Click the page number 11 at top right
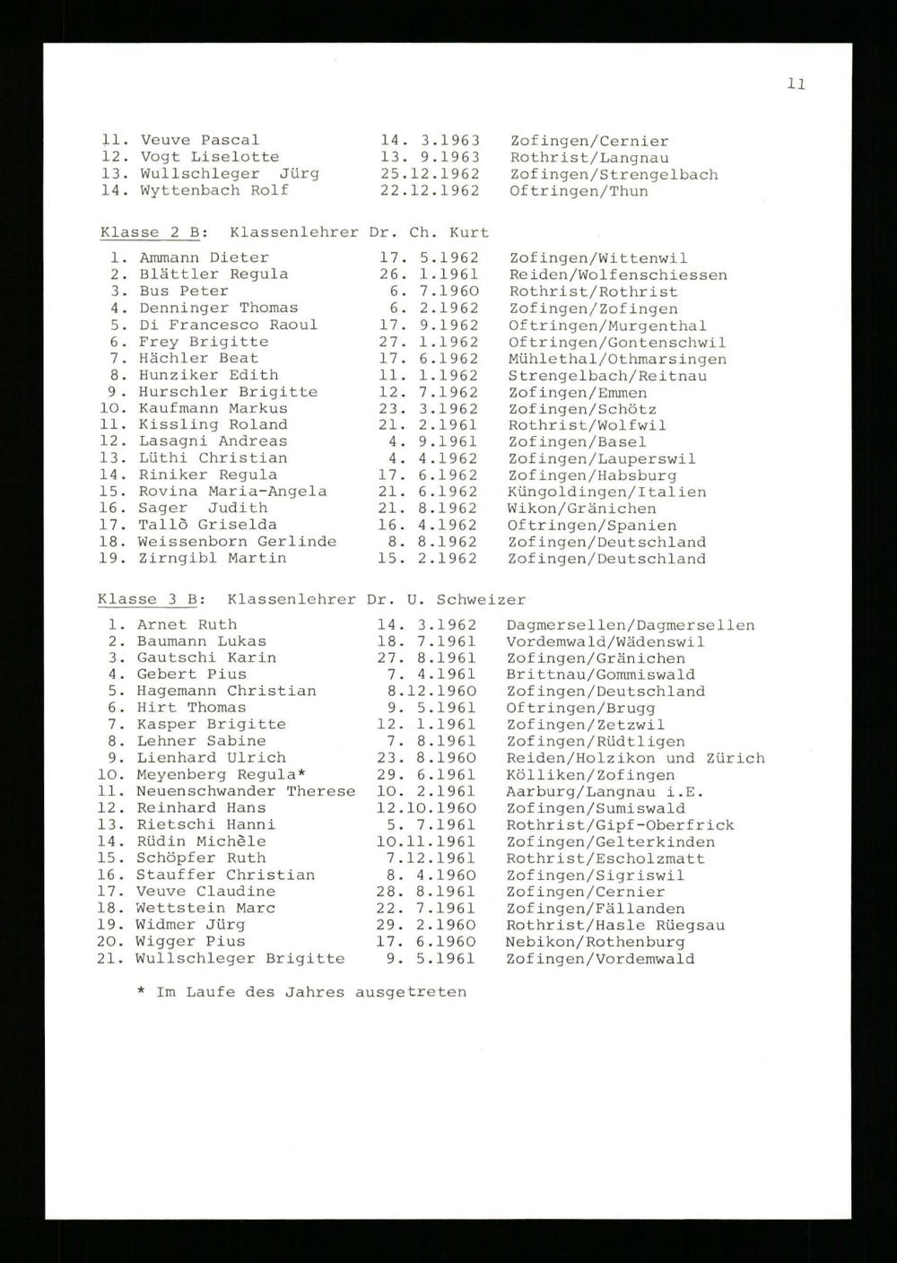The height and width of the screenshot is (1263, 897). click(797, 84)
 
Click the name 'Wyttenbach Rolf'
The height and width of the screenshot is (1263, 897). click(213, 190)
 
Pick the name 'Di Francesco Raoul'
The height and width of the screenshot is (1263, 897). click(228, 325)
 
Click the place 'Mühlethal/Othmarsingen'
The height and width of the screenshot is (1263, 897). click(617, 359)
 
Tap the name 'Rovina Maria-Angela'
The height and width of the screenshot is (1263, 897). click(232, 492)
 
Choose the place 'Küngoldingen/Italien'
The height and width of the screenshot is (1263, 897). click(606, 492)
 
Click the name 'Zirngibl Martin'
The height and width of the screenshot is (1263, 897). click(213, 558)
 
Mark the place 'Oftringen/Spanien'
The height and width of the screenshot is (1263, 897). click(592, 526)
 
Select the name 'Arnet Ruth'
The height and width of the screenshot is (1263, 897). click(187, 624)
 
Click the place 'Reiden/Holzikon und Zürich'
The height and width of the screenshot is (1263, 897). click(635, 758)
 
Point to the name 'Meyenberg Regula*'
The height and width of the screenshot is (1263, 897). click(222, 774)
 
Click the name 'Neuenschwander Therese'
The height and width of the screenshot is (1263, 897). click(245, 791)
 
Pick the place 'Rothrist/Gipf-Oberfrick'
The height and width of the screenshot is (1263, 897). click(620, 824)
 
